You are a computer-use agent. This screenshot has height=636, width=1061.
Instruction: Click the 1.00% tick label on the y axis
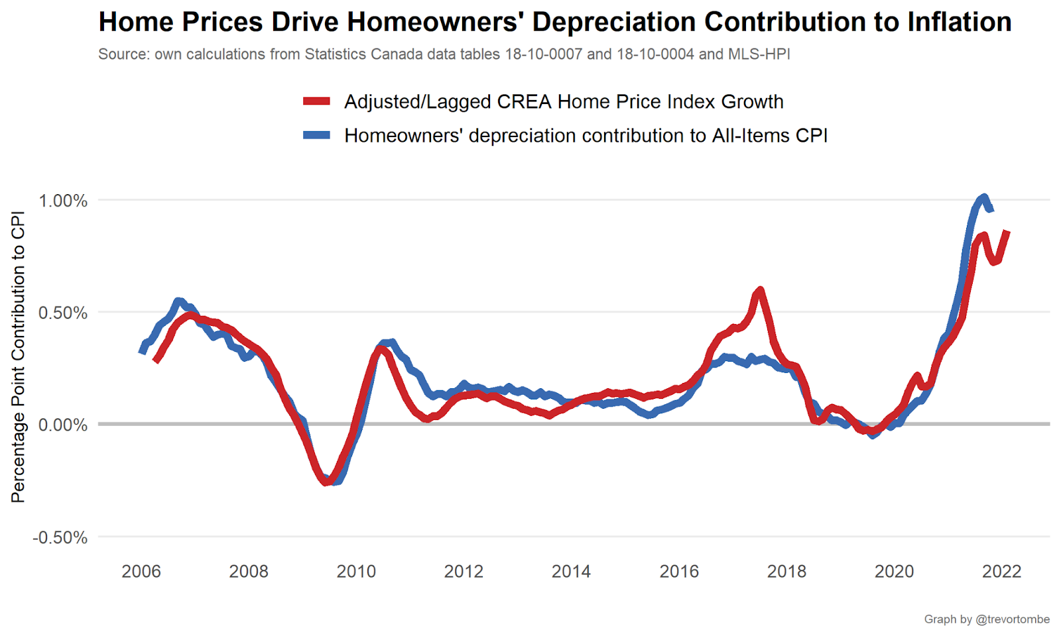[63, 201]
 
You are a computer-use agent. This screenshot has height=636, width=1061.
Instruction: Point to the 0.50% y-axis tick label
[63, 313]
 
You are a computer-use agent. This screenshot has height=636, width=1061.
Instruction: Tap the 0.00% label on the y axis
[63, 425]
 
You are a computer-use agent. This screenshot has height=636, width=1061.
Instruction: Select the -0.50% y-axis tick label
[60, 537]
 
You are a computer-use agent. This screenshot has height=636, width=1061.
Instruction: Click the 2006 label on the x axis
[141, 571]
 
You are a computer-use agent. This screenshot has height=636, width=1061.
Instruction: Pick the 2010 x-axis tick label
[356, 571]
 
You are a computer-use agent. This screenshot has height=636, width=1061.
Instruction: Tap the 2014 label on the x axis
[571, 571]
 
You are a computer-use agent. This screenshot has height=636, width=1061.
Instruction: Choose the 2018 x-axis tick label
[786, 571]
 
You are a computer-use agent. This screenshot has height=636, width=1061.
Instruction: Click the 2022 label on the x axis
[1001, 571]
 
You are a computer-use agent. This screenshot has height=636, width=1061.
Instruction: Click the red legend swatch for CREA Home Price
[316, 101]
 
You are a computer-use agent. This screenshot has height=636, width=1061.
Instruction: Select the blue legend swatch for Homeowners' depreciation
[316, 135]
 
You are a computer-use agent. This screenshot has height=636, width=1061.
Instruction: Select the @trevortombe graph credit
[1013, 619]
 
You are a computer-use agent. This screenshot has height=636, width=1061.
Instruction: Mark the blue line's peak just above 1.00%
[983, 197]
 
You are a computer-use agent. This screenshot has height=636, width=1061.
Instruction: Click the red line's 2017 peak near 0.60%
[760, 290]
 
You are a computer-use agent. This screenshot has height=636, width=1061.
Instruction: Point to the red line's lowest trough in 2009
[326, 482]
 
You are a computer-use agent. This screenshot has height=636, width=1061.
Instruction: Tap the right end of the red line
[1007, 232]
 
